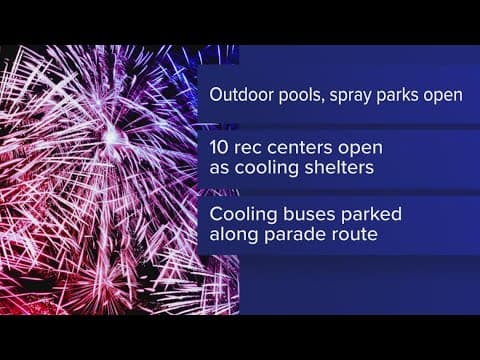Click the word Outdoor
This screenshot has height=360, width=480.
click(x=237, y=97)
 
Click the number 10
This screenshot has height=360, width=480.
click(x=221, y=147)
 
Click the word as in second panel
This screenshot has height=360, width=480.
click(x=219, y=168)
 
